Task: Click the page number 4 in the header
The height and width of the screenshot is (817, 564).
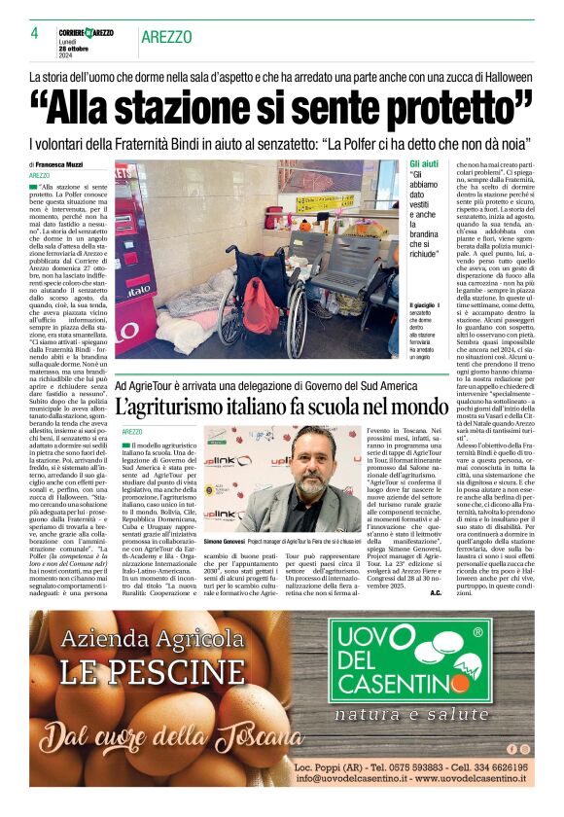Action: tap(34, 32)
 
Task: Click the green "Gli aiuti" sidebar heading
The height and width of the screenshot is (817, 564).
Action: tap(424, 163)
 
